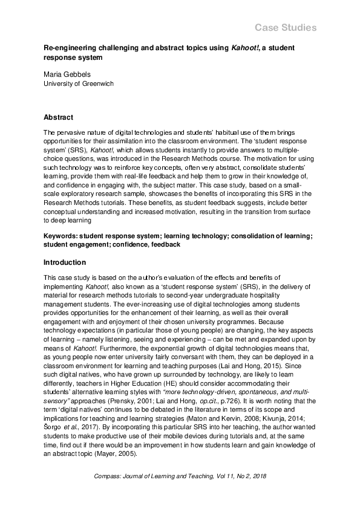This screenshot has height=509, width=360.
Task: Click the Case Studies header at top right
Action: click(286, 28)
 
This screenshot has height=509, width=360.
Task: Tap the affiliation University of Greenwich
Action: click(79, 84)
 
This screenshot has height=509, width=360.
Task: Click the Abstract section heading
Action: click(59, 118)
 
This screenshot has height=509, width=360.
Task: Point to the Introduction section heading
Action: click(65, 263)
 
